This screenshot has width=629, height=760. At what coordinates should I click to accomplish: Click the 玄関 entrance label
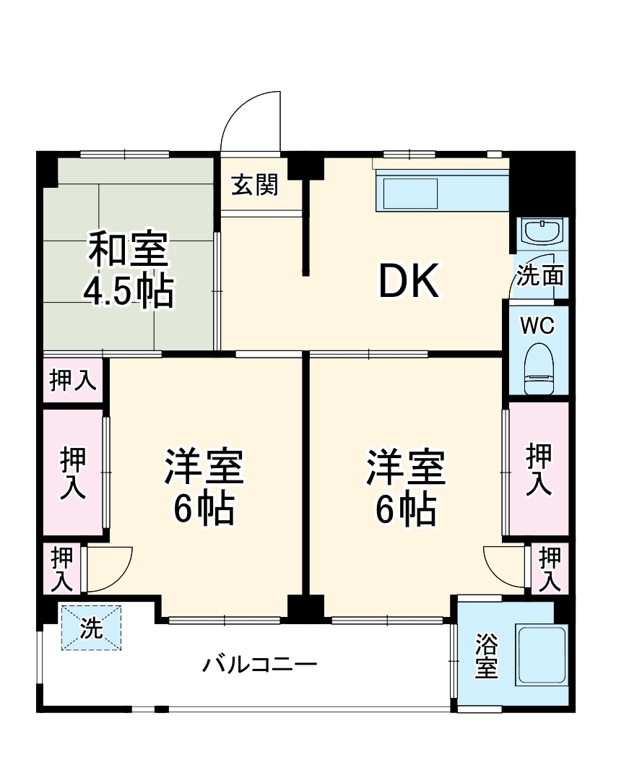255,186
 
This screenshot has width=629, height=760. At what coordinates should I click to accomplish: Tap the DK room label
409,282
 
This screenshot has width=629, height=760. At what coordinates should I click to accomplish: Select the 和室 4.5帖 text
129,269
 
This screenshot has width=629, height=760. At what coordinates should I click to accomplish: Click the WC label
538,326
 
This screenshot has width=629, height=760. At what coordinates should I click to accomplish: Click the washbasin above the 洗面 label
542,233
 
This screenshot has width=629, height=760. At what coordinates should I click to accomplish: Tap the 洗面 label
540,277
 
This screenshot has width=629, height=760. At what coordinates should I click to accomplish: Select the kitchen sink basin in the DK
410,193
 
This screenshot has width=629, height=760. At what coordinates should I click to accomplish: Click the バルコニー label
259,663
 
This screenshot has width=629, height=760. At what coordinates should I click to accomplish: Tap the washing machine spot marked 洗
91,628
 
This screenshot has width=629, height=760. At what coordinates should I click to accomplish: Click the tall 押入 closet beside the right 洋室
539,470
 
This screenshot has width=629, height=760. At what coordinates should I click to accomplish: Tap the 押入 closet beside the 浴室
550,569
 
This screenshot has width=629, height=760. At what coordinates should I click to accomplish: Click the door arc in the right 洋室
504,567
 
